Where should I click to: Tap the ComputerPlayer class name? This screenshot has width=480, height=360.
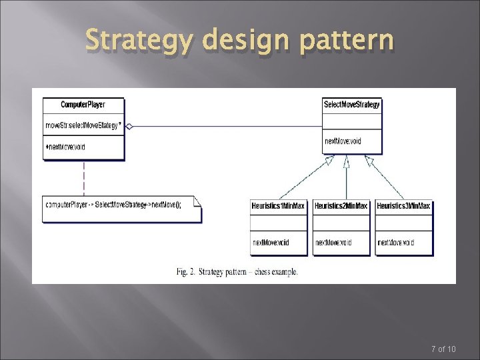(x=83, y=105)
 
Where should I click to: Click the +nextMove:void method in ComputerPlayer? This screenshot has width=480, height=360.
(x=65, y=146)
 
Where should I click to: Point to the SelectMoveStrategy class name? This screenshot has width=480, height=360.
(x=351, y=105)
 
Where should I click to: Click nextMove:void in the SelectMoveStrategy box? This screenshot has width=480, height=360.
(x=343, y=141)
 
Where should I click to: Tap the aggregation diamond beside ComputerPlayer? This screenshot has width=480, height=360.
(x=130, y=125)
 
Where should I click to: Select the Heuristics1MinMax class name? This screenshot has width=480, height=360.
(x=278, y=207)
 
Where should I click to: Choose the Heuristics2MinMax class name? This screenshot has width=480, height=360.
(x=341, y=207)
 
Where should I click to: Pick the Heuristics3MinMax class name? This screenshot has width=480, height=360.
(x=403, y=207)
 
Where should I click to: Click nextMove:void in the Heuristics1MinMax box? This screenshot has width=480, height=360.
(x=270, y=243)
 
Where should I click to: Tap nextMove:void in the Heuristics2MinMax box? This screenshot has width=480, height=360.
(x=333, y=243)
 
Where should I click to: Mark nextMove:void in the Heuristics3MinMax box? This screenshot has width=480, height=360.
(x=395, y=243)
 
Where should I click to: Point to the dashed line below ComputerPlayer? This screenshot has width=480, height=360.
(x=83, y=177)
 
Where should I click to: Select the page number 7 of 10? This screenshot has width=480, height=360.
(x=443, y=349)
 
